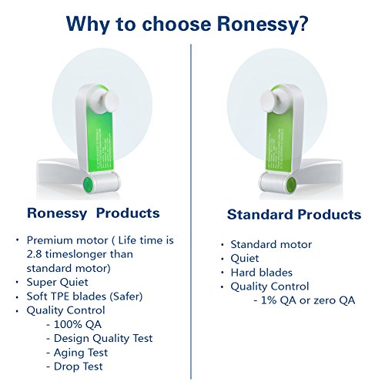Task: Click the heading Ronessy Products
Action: coord(93,213)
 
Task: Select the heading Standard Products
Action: coord(293,214)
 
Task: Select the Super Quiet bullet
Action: coord(58,283)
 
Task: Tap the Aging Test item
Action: coord(82,352)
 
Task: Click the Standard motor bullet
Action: coord(271,244)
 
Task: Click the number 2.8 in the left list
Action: coord(37,254)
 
